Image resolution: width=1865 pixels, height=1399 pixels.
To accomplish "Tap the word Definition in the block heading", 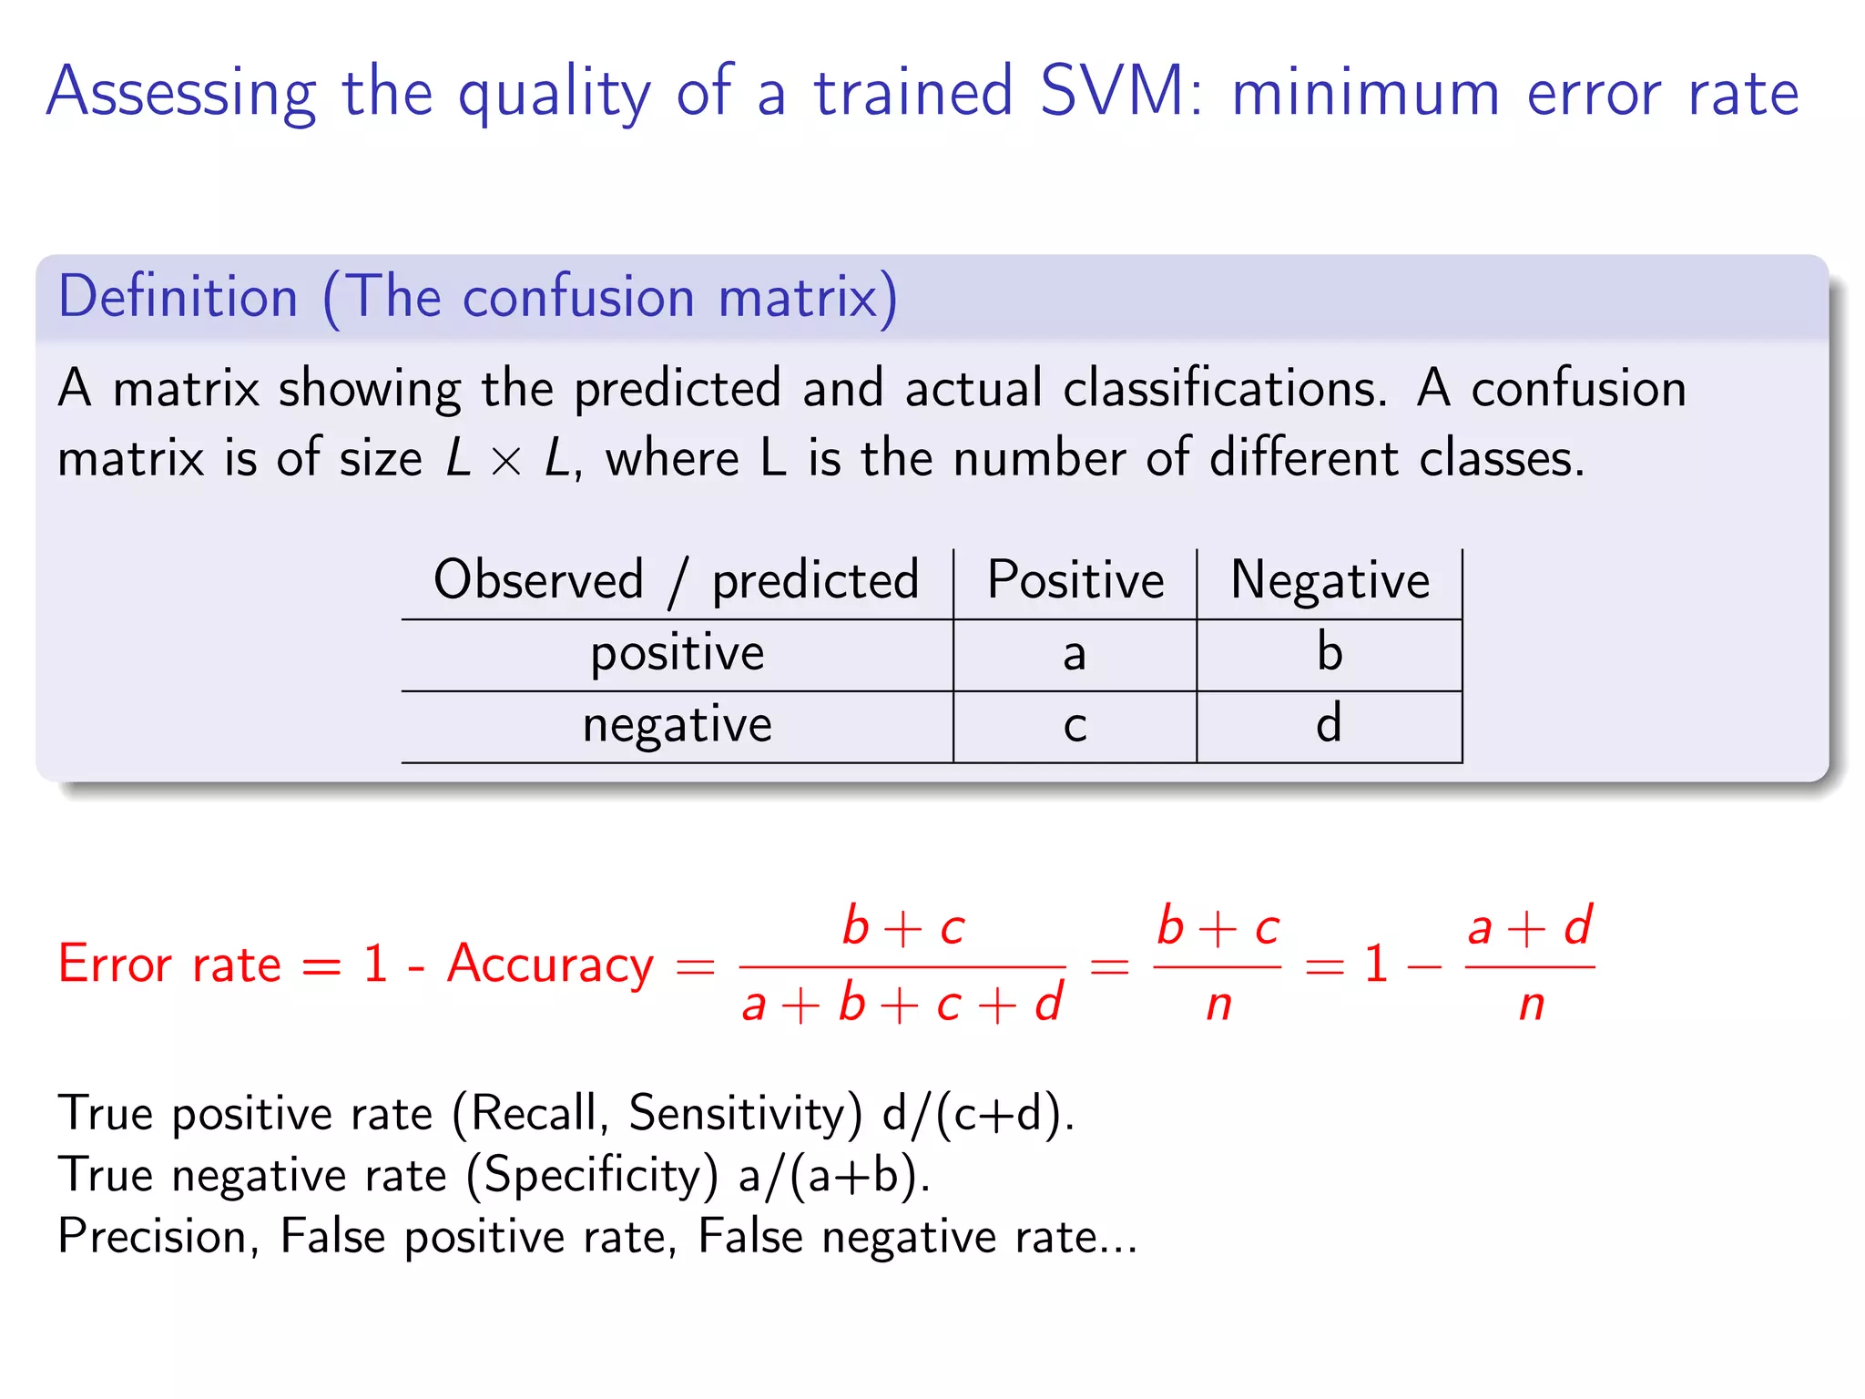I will pyautogui.click(x=178, y=297).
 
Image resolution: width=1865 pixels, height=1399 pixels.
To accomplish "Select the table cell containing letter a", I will pyautogui.click(x=1075, y=654).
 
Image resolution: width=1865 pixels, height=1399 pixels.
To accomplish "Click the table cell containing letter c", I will pyautogui.click(x=1075, y=727).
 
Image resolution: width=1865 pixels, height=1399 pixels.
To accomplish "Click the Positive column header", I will pyautogui.click(x=1075, y=580).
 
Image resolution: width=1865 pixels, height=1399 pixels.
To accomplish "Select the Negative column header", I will pyautogui.click(x=1330, y=580).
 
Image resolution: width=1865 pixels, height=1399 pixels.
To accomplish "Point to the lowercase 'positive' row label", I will pyautogui.click(x=677, y=654).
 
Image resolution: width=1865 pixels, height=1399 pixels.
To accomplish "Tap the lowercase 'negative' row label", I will pyautogui.click(x=677, y=727).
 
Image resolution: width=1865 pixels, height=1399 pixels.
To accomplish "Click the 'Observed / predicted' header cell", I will pyautogui.click(x=677, y=580).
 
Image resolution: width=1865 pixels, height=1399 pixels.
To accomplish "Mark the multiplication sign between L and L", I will pyautogui.click(x=505, y=461).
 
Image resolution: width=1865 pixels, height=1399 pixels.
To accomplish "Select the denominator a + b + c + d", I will pyautogui.click(x=902, y=1005).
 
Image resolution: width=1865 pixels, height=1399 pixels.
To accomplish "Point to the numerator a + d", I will pyautogui.click(x=1530, y=927).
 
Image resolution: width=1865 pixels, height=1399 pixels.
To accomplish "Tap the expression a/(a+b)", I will pyautogui.click(x=833, y=1175).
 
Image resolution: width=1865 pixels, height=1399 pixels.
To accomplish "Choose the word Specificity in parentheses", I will pyautogui.click(x=594, y=1175).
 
